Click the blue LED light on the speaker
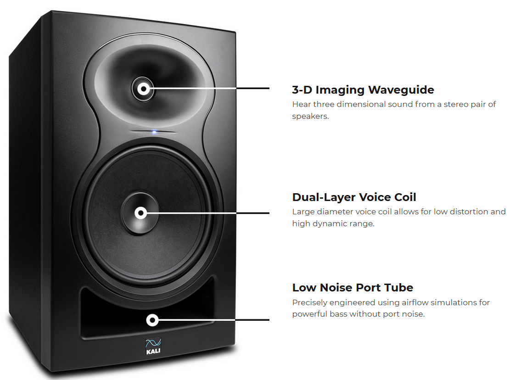click(x=154, y=132)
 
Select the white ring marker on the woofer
click(x=140, y=213)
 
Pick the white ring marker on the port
click(x=152, y=320)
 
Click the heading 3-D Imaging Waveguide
click(x=363, y=89)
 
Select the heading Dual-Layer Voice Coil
click(x=354, y=197)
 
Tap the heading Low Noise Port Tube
click(x=353, y=288)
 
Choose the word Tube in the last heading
click(x=399, y=288)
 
